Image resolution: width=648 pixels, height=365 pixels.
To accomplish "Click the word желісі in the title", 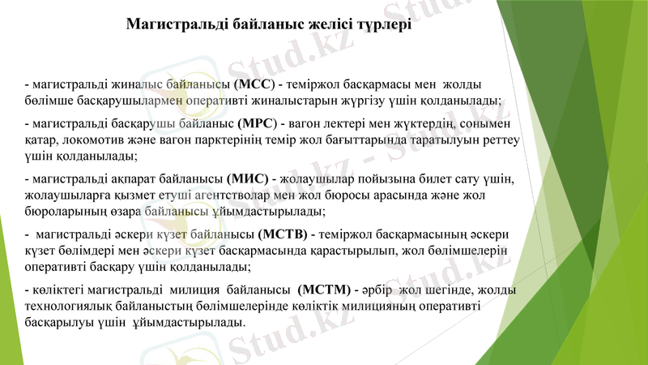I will (330, 25).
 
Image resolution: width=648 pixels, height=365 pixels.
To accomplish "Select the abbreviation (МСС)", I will (254, 84).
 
